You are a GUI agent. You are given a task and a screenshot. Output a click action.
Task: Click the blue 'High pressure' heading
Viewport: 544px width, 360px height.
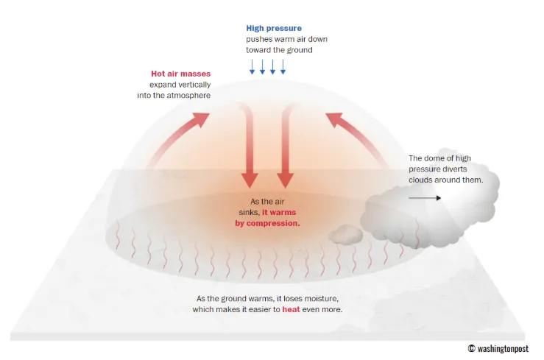click(274, 29)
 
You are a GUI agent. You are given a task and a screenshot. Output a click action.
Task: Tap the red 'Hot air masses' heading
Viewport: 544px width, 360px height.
click(181, 74)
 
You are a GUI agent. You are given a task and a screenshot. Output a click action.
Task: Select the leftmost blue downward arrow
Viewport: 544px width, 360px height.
click(252, 67)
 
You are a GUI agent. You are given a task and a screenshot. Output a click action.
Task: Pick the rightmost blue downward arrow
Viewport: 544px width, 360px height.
click(283, 67)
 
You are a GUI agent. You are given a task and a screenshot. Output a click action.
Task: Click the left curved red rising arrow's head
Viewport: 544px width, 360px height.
click(200, 120)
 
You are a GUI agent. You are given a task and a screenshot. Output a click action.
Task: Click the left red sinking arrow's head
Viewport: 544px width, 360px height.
click(250, 180)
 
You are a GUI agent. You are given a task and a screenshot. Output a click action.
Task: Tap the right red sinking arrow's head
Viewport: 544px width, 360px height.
click(285, 180)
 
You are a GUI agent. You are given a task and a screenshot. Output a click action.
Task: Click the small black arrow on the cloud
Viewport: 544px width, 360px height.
click(425, 198)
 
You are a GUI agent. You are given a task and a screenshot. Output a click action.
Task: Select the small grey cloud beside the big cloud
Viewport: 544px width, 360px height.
click(346, 234)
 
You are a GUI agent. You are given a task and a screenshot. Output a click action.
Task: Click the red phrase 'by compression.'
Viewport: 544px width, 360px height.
click(267, 223)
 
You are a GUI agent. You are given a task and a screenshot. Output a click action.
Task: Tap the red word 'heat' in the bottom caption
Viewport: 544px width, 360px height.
click(291, 309)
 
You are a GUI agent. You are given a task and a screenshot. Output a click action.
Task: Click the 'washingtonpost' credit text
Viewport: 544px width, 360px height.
click(503, 348)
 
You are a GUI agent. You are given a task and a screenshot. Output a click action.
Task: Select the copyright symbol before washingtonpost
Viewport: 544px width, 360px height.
click(471, 348)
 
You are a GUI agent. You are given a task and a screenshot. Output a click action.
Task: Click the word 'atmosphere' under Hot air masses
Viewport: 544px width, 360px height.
click(188, 96)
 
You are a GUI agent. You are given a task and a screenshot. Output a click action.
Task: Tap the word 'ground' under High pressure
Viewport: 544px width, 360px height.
click(300, 50)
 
